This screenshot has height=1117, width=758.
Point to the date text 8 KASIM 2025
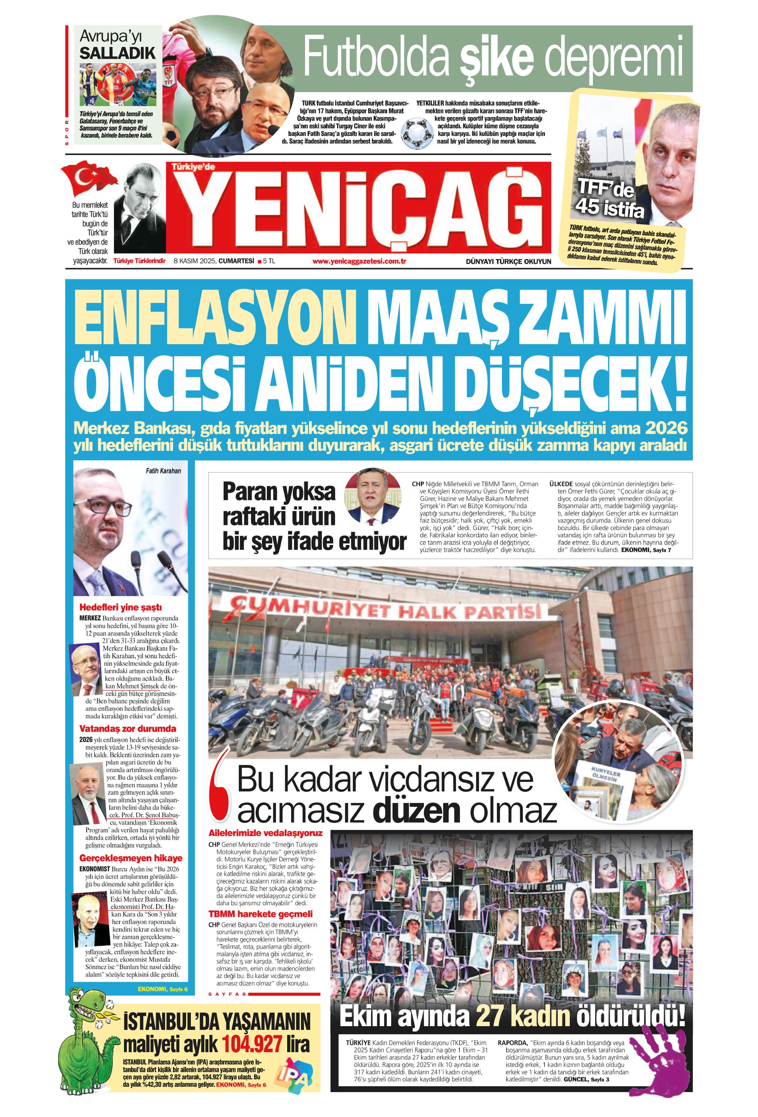(195, 261)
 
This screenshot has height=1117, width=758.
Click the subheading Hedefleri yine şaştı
(120, 608)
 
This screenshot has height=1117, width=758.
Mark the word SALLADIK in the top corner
(118, 53)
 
